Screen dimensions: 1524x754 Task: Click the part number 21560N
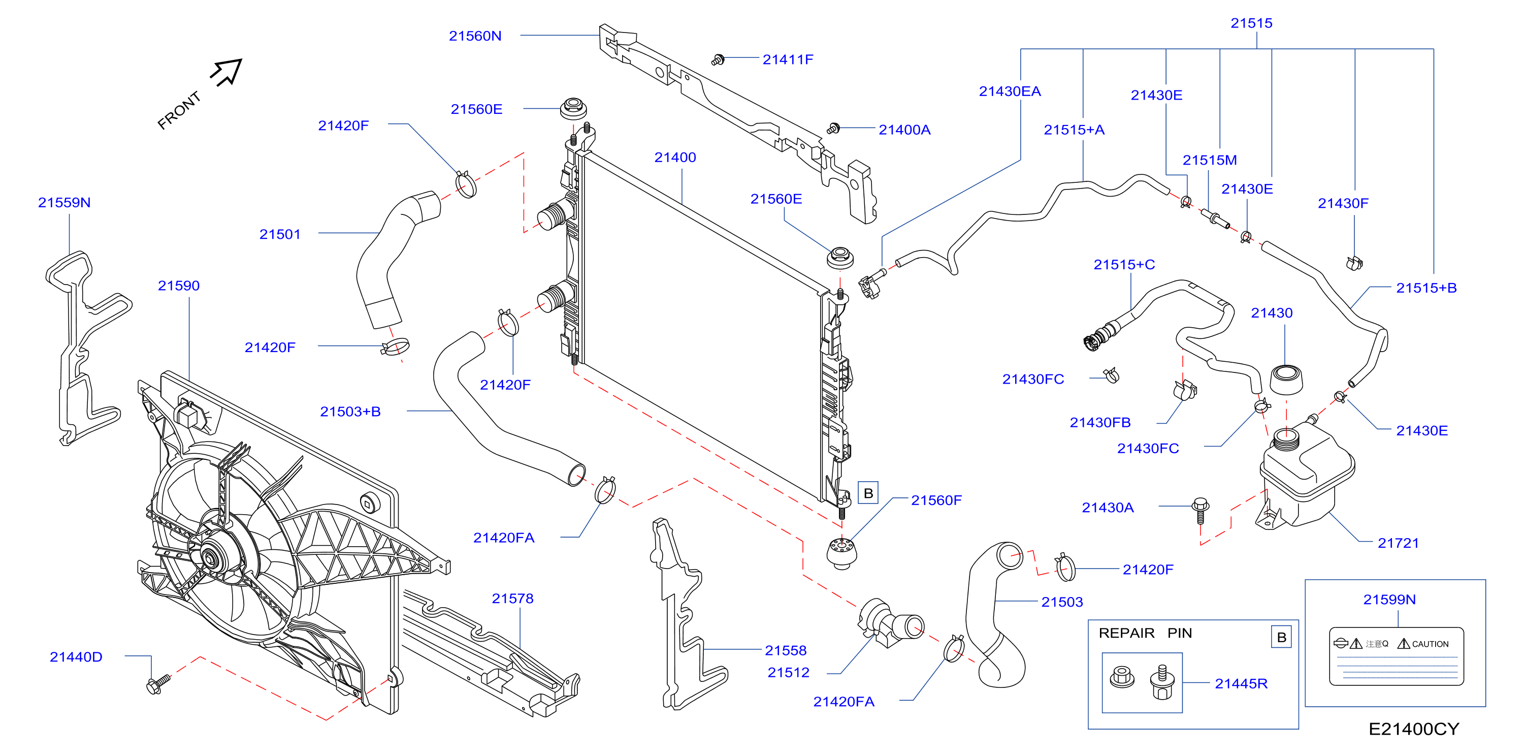tap(475, 36)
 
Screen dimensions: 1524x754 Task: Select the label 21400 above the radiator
tap(675, 158)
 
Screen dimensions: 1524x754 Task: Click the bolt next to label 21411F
tap(718, 60)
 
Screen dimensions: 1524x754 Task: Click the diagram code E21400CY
tap(1414, 729)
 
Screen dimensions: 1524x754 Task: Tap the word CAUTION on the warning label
tap(1430, 644)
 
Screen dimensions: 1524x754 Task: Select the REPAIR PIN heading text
tap(1145, 633)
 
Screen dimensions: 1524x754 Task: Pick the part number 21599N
tap(1389, 600)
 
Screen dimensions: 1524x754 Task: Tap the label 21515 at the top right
tap(1251, 23)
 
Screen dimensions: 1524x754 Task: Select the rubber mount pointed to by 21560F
tap(841, 553)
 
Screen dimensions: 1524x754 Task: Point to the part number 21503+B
tap(350, 412)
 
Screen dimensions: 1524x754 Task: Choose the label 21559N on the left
tap(64, 202)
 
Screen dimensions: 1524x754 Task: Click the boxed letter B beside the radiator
tap(868, 493)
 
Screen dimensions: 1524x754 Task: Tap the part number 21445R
tap(1241, 683)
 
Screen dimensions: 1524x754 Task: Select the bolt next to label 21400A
tap(833, 129)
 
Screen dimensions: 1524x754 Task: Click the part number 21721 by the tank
tap(1398, 543)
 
